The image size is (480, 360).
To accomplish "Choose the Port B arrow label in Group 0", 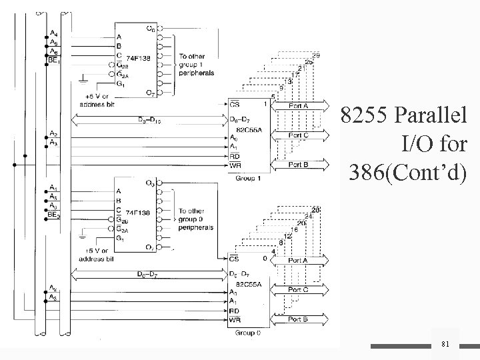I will [x=297, y=319].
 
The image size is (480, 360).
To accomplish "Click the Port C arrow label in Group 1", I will [x=297, y=135].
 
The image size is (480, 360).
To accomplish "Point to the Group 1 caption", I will [x=248, y=178].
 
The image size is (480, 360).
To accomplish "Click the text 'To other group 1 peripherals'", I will [x=195, y=65].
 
